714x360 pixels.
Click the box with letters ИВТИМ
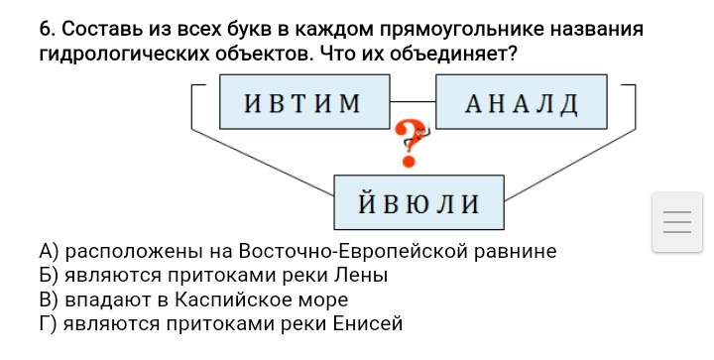(302, 102)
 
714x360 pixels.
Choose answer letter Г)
(46, 323)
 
